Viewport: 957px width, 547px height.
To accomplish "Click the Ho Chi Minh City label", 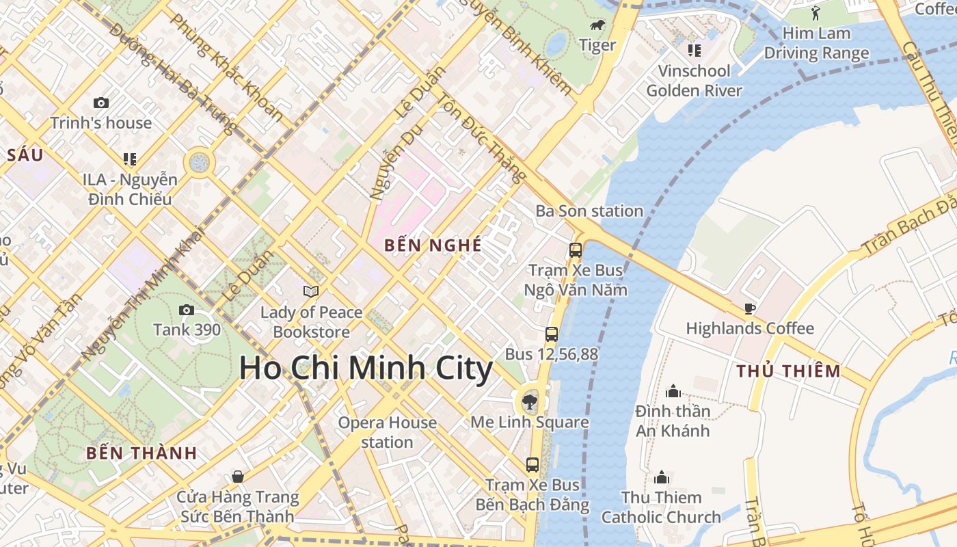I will coord(366,369).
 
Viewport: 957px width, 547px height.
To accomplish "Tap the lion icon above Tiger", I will coord(597,26).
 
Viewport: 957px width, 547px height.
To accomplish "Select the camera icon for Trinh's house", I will coord(101,103).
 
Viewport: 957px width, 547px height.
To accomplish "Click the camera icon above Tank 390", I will coord(186,310).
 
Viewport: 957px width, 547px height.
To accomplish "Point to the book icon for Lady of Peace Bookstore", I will coord(311,292).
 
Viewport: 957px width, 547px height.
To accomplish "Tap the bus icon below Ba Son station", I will coord(576,250).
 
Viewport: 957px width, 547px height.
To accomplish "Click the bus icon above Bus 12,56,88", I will coord(551,334).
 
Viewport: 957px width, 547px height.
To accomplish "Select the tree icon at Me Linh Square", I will coord(529,401).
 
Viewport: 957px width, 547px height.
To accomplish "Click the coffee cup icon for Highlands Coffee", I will coord(749,308).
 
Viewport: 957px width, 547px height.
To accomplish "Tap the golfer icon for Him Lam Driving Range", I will coord(816,12).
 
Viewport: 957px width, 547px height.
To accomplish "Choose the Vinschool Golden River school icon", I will coord(694,51).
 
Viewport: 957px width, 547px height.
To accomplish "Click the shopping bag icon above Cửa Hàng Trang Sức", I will coord(237,476).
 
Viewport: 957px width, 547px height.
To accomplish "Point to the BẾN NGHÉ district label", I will coord(433,245).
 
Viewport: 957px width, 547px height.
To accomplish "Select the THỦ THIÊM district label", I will coord(788,371).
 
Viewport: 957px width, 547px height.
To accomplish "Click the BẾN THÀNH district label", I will coord(142,453).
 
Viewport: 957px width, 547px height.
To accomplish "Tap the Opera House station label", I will coord(387,432).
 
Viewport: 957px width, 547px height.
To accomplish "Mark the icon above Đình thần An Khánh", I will coord(673,391).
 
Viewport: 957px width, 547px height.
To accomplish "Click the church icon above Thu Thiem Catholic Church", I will coord(661,477).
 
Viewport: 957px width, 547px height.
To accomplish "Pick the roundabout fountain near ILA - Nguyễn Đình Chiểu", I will coord(200,163).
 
